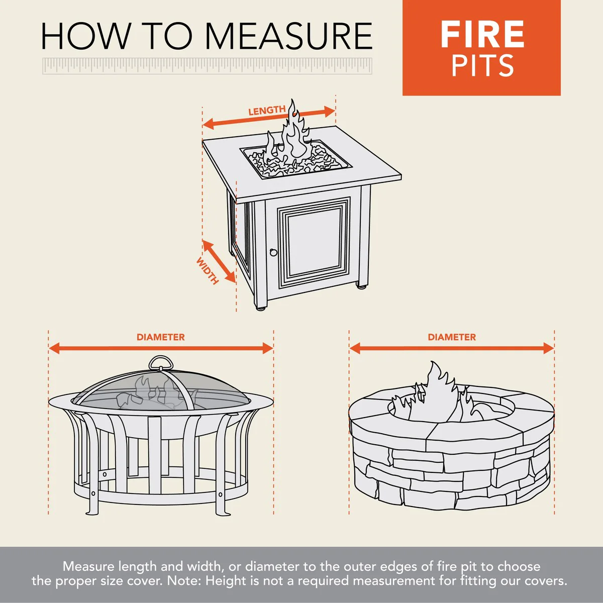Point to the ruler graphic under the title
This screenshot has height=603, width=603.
pos(207,66)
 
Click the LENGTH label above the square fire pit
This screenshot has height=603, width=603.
pos(267,111)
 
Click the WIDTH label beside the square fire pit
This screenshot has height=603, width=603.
pos(208,271)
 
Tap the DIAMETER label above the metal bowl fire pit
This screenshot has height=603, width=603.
pos(161,337)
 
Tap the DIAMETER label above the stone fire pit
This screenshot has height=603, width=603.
pos(452,337)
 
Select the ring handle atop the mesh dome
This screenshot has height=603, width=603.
pos(161,362)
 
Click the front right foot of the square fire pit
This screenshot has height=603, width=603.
pos(361,286)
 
